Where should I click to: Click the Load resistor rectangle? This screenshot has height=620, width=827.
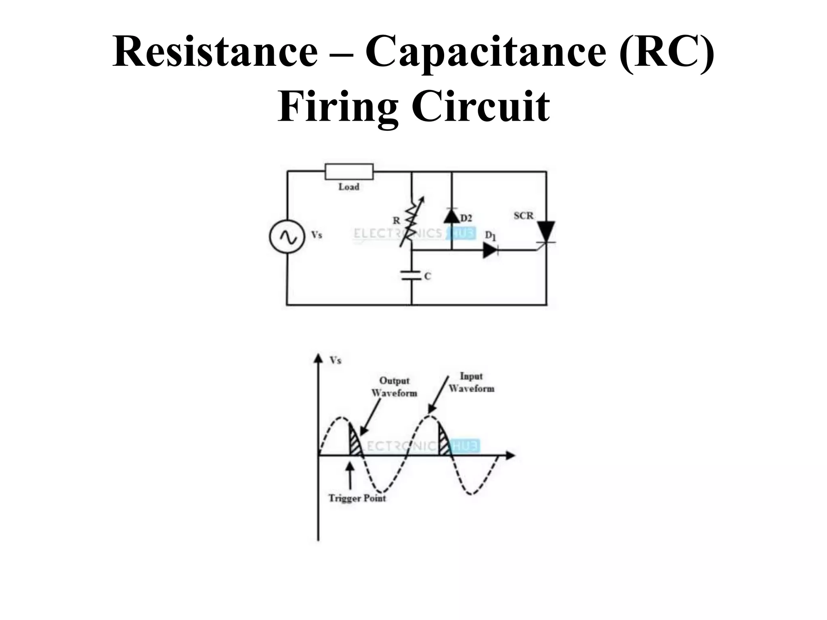click(349, 172)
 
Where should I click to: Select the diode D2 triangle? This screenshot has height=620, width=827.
click(451, 216)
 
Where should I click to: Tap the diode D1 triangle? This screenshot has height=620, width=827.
click(490, 250)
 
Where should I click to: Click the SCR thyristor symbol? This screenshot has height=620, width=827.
click(546, 233)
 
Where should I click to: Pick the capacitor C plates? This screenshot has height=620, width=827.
click(411, 276)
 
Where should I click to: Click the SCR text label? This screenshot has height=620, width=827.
click(523, 216)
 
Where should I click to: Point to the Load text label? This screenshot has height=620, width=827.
click(349, 187)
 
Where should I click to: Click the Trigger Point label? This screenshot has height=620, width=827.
click(357, 498)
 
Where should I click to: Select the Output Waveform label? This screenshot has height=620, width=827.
click(394, 387)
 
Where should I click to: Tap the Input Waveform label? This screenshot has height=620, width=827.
click(471, 382)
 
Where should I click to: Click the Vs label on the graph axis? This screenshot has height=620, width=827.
click(336, 360)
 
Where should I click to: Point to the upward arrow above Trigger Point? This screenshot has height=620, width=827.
click(350, 474)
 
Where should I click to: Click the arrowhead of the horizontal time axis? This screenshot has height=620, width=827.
click(511, 455)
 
